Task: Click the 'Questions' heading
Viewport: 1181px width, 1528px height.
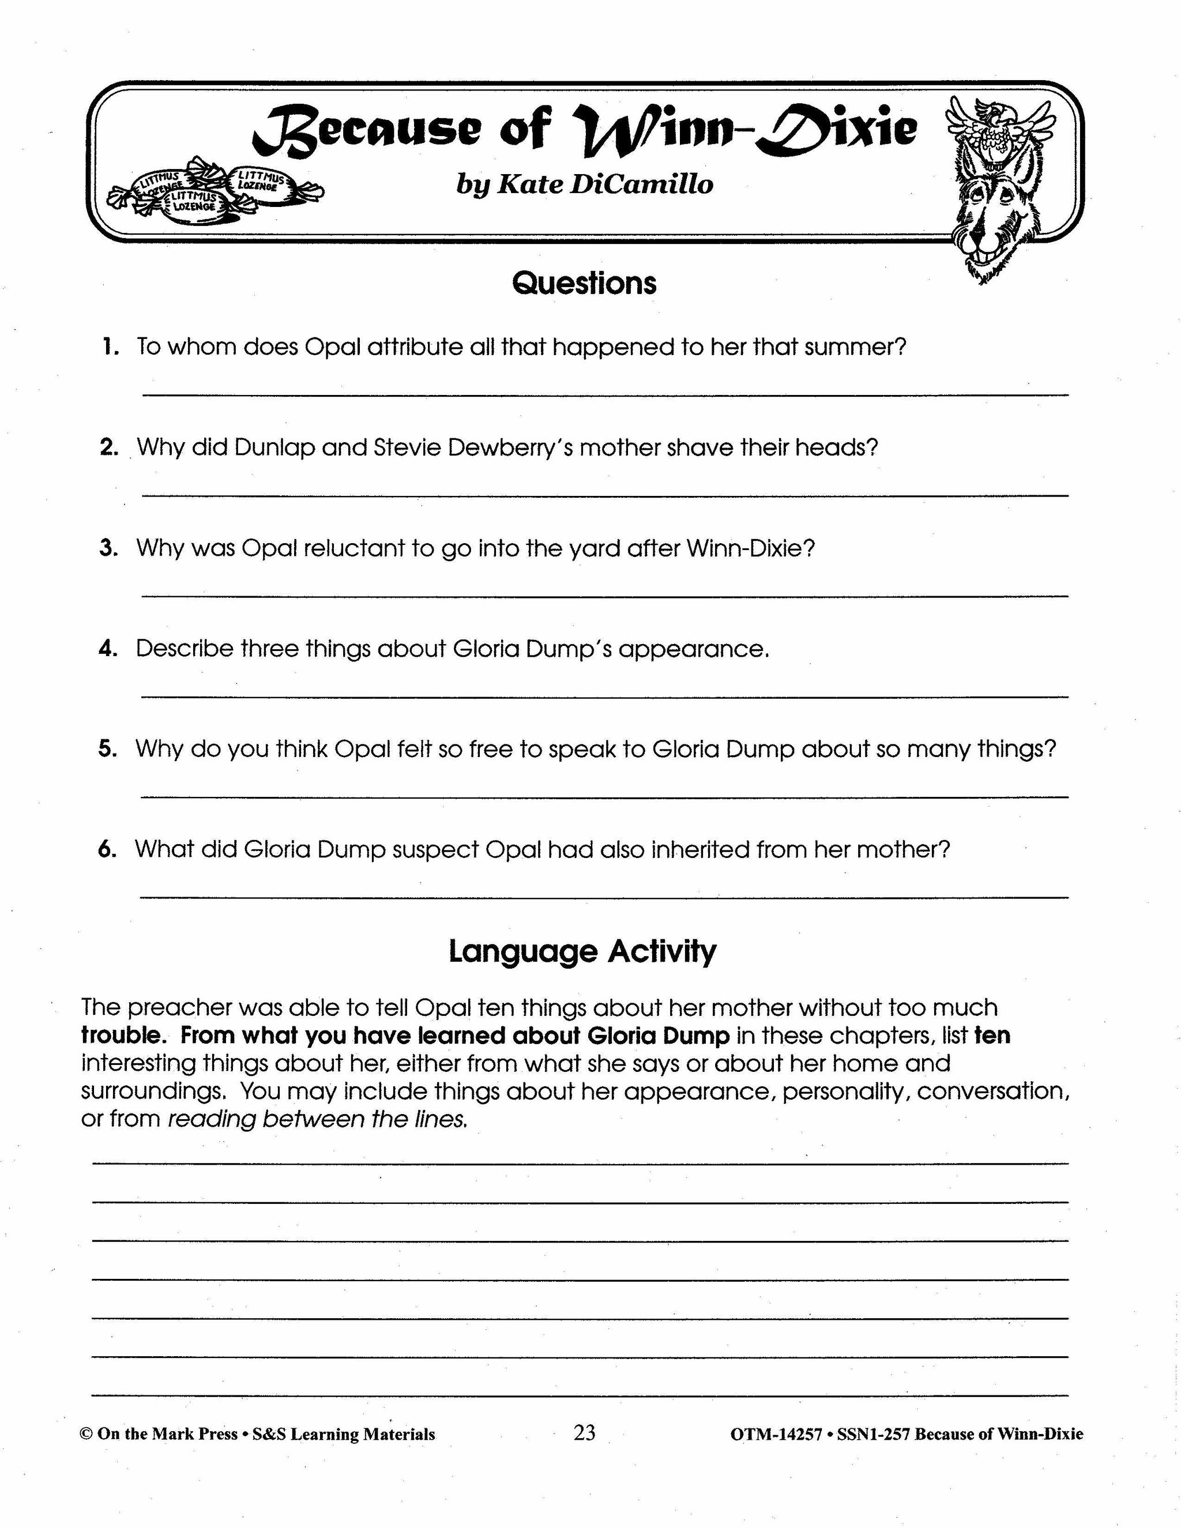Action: click(x=584, y=283)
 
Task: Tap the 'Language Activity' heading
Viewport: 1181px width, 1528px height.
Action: click(x=582, y=951)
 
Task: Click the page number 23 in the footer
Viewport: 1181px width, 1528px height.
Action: click(x=584, y=1433)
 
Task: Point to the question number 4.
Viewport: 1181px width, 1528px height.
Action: click(x=108, y=649)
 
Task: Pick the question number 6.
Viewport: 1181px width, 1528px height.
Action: click(x=107, y=849)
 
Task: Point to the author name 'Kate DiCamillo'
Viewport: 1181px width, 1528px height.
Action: click(x=604, y=184)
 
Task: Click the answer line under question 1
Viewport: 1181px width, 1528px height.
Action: click(x=605, y=396)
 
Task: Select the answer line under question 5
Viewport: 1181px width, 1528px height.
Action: click(x=605, y=796)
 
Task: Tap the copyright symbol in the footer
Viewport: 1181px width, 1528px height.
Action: click(x=86, y=1434)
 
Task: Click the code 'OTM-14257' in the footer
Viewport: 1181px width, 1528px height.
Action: click(x=775, y=1434)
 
